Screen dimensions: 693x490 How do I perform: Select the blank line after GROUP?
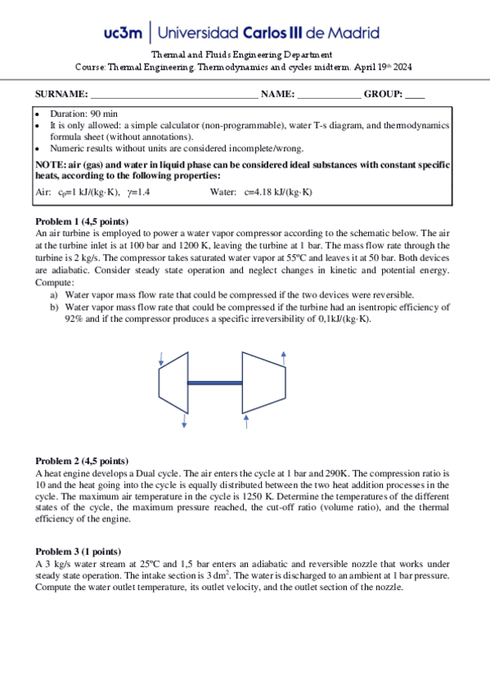pyautogui.click(x=415, y=95)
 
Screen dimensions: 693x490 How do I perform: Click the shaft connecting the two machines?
pyautogui.click(x=214, y=382)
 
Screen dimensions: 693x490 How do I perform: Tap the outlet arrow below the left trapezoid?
pyautogui.click(x=184, y=419)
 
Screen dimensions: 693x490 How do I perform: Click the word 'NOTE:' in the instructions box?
pyautogui.click(x=51, y=165)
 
